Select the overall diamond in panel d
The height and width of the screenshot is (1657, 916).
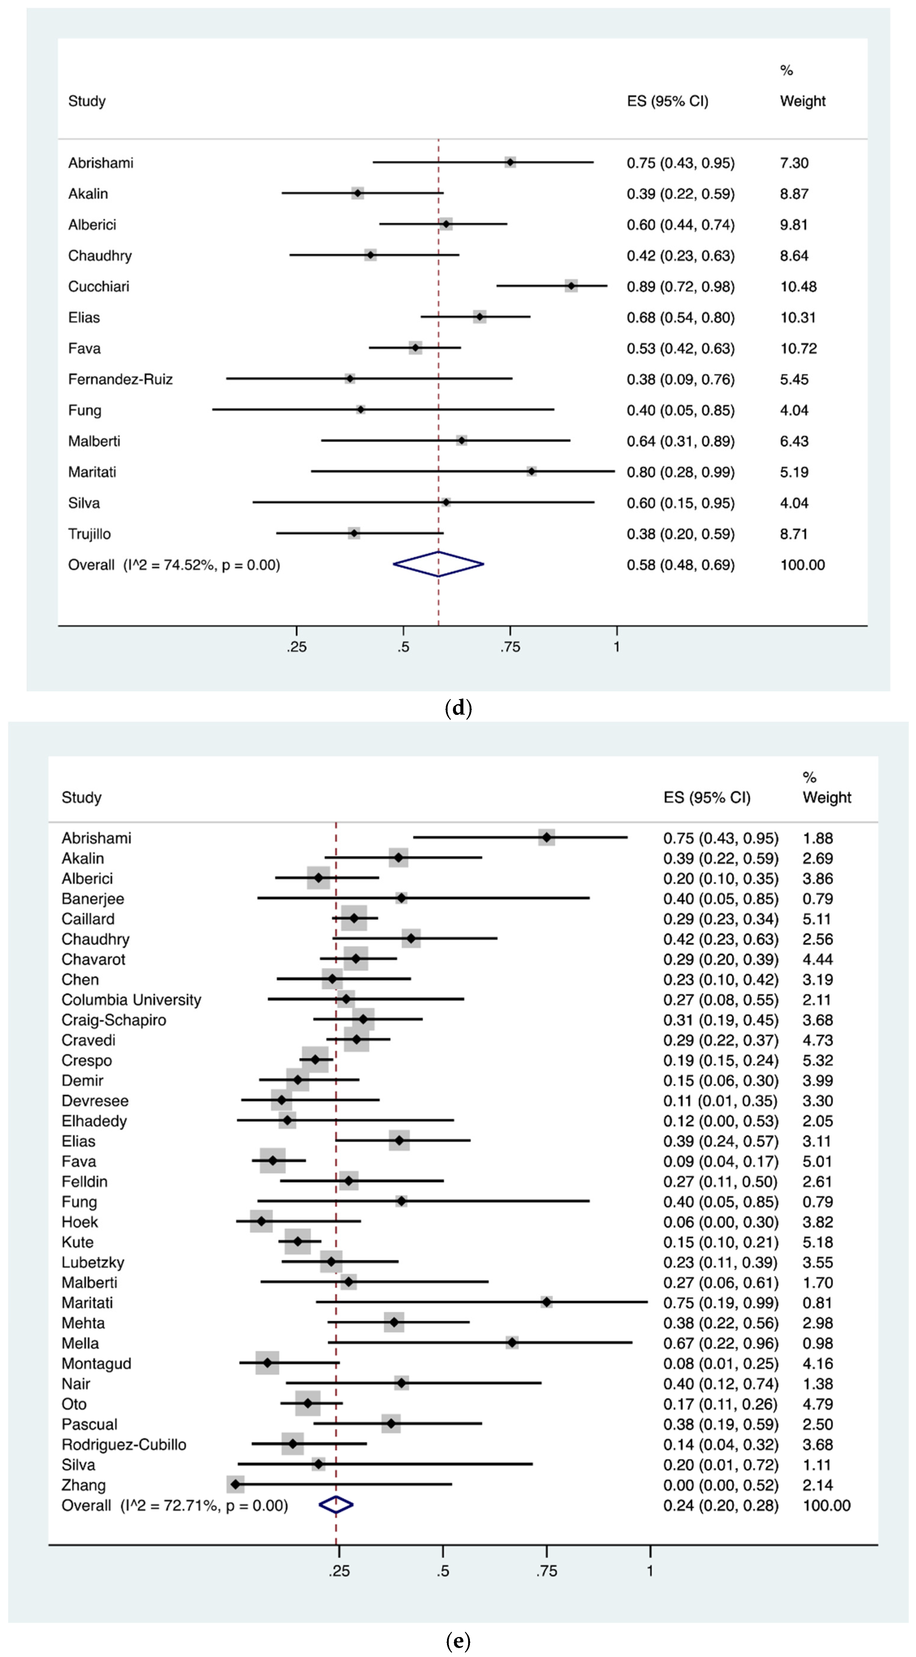pyautogui.click(x=438, y=564)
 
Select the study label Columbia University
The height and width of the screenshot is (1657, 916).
pyautogui.click(x=131, y=1000)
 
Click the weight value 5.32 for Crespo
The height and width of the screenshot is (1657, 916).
pyautogui.click(x=818, y=1060)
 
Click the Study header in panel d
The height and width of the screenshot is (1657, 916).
pyautogui.click(x=87, y=101)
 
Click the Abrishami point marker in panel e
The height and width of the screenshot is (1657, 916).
pyautogui.click(x=547, y=837)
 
